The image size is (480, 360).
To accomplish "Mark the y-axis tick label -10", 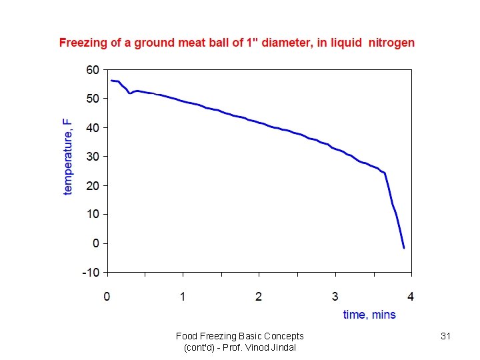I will (90, 272).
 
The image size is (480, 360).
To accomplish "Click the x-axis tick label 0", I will (107, 296).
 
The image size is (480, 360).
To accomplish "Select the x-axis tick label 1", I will (183, 296).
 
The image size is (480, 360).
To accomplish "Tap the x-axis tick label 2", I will (259, 296).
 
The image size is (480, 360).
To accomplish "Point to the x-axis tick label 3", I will (335, 296).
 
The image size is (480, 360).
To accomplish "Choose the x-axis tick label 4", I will (411, 296).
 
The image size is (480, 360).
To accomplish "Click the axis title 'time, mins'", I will (369, 315).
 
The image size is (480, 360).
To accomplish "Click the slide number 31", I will (446, 337).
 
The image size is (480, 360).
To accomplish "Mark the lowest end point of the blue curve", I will (404, 248).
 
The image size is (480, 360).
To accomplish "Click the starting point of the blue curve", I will (111, 81).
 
